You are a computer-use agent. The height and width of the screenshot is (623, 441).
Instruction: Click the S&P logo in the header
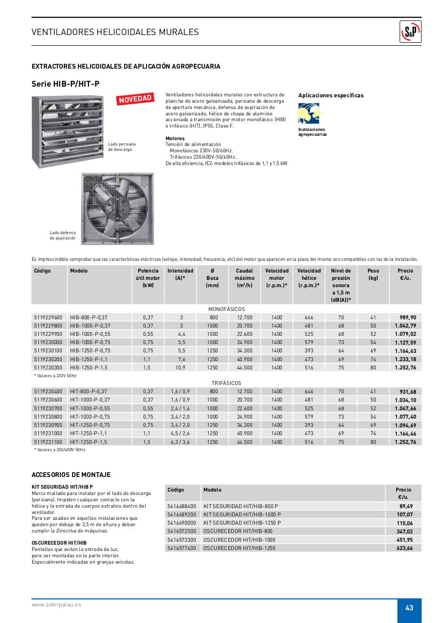410,32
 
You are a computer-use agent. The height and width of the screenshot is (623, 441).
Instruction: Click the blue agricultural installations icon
309,114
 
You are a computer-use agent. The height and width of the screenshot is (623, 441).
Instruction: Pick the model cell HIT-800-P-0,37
89,391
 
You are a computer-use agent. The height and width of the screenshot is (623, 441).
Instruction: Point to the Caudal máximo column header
244,278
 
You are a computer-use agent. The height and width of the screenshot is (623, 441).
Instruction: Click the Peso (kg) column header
373,274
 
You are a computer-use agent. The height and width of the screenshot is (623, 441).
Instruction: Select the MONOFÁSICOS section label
226,309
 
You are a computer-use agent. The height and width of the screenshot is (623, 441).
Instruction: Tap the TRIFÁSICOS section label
226,383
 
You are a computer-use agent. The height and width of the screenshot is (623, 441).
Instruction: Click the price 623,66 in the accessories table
404,548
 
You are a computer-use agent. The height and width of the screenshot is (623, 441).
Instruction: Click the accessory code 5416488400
182,506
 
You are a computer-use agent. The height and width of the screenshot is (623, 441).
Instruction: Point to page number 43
409,608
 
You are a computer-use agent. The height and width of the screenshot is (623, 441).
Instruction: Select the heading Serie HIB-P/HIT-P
66,84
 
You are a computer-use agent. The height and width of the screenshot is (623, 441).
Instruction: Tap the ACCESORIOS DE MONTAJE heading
71,475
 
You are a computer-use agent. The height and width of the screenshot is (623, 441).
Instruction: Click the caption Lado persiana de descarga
122,147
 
